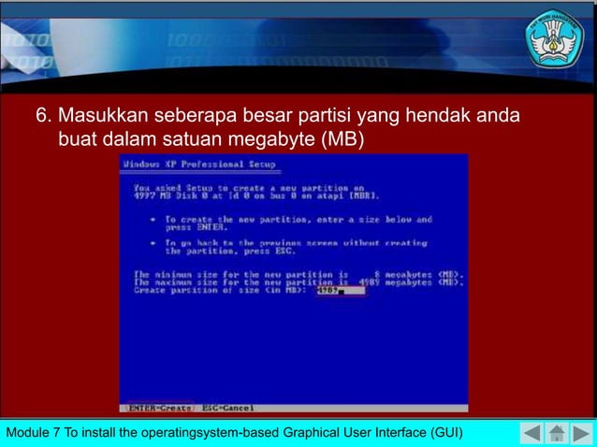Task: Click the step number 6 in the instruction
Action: pyautogui.click(x=42, y=119)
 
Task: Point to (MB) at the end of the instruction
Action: pyautogui.click(x=342, y=141)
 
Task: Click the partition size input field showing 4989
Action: pyautogui.click(x=340, y=290)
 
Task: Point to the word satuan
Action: pyautogui.click(x=197, y=141)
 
